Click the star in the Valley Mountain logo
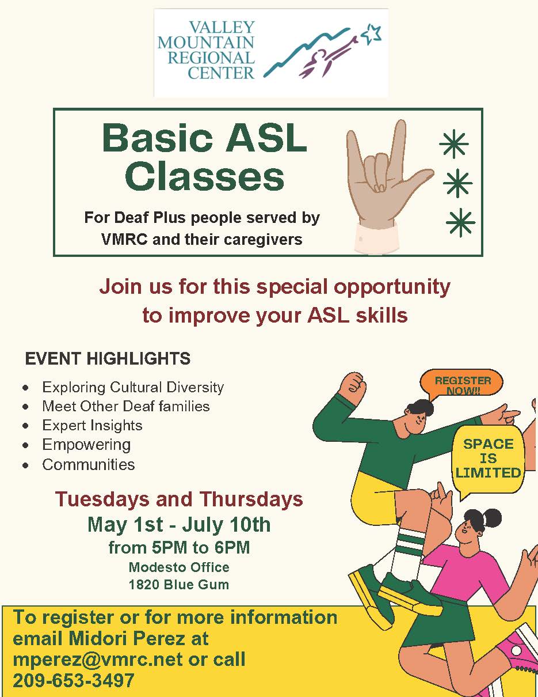click(372, 33)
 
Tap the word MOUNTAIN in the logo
click(206, 43)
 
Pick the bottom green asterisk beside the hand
click(460, 222)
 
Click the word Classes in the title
click(204, 177)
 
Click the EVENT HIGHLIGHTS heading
click(108, 358)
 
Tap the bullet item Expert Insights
click(92, 425)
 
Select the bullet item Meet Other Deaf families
click(126, 406)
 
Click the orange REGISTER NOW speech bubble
click(461, 385)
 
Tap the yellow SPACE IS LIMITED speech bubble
click(488, 460)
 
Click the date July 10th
click(226, 525)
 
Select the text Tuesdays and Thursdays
click(179, 500)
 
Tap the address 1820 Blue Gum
click(179, 585)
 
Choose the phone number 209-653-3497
click(74, 680)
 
